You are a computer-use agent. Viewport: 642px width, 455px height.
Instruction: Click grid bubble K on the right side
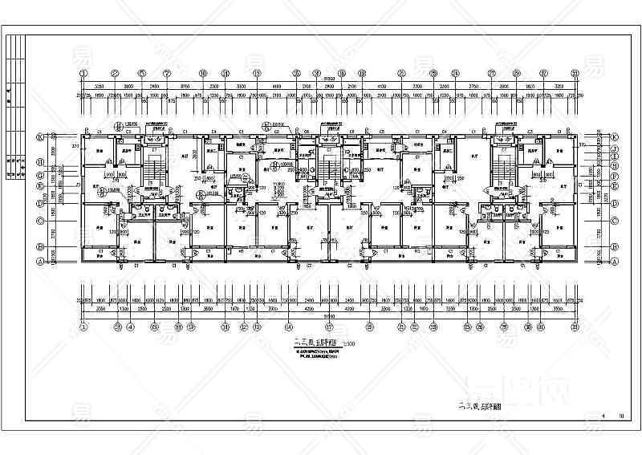tap(615, 137)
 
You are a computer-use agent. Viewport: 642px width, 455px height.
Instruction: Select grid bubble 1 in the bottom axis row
tap(83, 327)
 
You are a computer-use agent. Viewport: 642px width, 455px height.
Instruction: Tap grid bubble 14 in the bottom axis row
tap(287, 327)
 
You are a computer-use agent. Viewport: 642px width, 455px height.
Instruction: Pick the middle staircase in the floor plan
tap(329, 165)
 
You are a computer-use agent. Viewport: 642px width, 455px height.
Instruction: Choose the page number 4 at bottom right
tap(603, 416)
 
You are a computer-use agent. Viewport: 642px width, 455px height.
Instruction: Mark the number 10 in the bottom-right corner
tap(620, 416)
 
